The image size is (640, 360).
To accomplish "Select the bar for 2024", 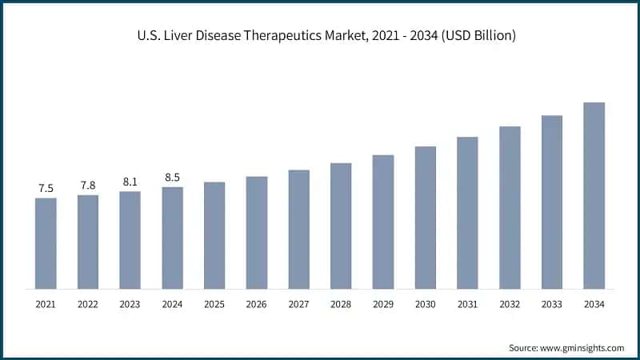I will pos(172,238).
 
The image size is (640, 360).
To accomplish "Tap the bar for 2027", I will pos(298,229).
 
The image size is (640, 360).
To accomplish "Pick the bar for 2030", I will pos(425,217).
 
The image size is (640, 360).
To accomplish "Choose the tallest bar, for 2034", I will pos(594,195).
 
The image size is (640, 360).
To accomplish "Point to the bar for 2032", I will pos(510,207).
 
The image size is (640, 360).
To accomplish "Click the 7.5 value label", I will pos(46,189).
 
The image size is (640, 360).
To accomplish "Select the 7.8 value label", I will pos(88,186).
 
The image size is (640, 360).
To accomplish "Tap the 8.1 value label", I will pos(130,182).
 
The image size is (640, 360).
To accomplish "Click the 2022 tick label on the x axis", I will pos(88,304).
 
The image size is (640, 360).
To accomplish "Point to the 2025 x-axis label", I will pos(214,304).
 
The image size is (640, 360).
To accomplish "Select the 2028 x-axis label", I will pos(341,304).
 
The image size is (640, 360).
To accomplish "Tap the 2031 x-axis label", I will pos(467,304).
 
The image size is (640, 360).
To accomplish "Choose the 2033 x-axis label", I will pos(551,304).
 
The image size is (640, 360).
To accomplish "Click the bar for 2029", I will pos(383,222).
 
